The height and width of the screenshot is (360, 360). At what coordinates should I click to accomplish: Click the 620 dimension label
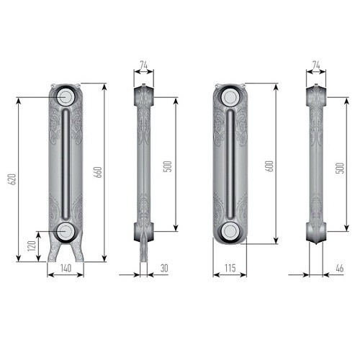click(x=12, y=179)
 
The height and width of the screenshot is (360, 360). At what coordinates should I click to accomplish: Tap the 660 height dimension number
click(x=99, y=173)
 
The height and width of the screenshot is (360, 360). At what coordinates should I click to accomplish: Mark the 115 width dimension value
click(x=230, y=268)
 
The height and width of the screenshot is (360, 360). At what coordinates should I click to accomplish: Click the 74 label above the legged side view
click(x=143, y=65)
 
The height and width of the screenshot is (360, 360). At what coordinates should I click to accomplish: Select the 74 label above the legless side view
click(x=316, y=65)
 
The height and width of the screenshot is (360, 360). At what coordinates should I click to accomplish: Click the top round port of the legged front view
click(x=65, y=96)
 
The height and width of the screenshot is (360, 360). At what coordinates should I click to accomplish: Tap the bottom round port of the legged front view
click(x=65, y=230)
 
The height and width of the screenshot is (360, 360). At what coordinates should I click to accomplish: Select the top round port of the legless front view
click(x=230, y=96)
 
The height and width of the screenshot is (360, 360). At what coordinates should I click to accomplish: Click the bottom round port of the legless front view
click(x=230, y=230)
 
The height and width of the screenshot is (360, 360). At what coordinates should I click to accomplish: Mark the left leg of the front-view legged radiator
click(x=53, y=252)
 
